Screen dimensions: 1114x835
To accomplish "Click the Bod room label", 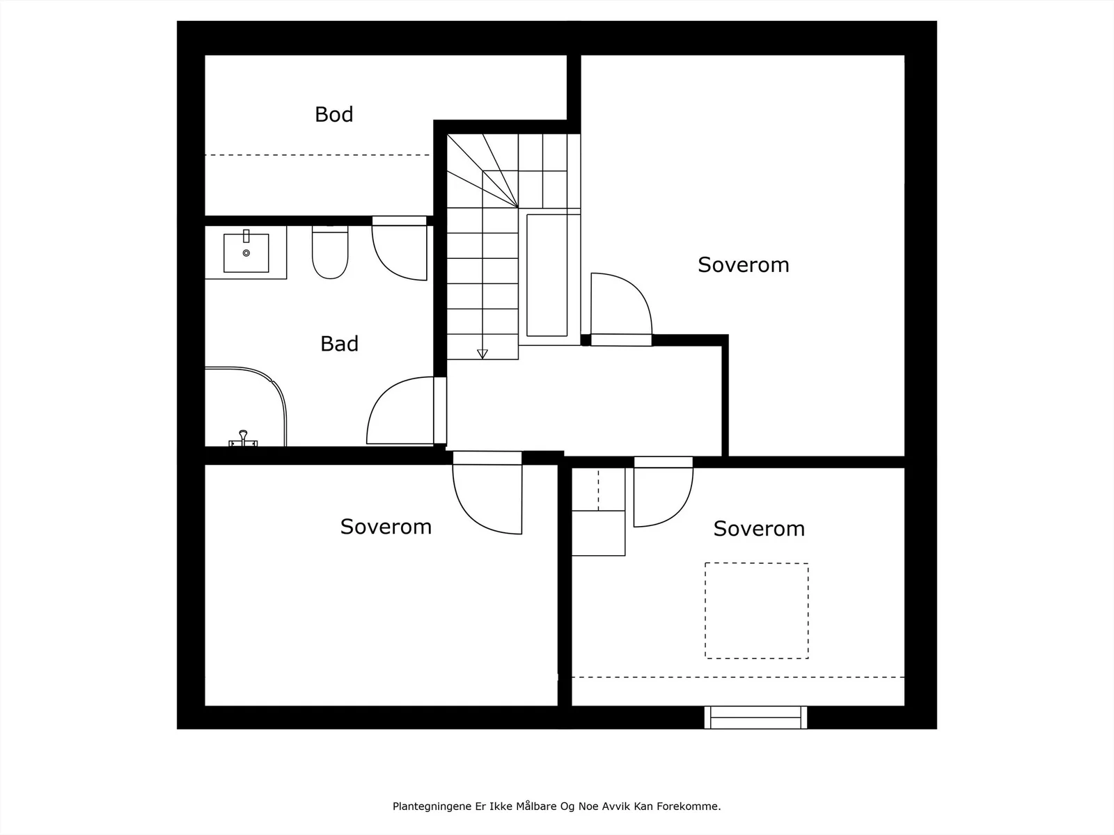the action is [x=334, y=115].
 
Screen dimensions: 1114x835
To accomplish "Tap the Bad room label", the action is [x=339, y=344].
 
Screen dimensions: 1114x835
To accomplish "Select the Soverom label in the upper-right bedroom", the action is [x=743, y=264].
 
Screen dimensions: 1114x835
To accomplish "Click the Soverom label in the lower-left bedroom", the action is [x=386, y=527].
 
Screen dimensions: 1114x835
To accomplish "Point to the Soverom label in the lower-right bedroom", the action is [x=759, y=529].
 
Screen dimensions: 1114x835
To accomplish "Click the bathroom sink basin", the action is [x=246, y=253].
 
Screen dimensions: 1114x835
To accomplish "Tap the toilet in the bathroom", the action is [x=330, y=252].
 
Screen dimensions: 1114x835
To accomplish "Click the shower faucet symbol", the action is [x=243, y=438].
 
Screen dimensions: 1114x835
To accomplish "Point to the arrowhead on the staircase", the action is [x=482, y=354].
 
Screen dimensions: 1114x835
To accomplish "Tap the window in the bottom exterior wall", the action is [x=755, y=717].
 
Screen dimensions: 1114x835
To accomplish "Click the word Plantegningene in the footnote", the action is [x=432, y=806].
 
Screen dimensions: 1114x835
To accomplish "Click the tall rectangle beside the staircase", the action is [x=547, y=276].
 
